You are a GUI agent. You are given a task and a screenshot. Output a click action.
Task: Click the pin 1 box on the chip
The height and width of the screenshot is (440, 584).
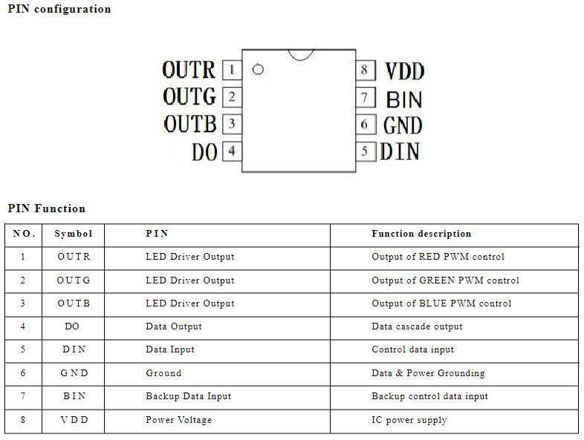click(232, 70)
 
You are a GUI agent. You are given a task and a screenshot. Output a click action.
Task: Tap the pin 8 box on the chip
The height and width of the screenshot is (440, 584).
click(365, 70)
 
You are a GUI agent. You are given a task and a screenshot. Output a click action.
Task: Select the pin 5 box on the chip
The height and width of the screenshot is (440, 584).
click(365, 151)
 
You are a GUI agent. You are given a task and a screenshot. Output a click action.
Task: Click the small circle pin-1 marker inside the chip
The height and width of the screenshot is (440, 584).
click(258, 69)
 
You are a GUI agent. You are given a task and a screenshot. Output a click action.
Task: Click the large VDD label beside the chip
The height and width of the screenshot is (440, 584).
click(404, 71)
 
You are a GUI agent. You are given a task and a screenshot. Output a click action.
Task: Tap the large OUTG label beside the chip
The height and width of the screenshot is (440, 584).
click(189, 96)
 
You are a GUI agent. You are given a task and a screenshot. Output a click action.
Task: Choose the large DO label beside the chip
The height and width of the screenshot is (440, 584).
click(204, 152)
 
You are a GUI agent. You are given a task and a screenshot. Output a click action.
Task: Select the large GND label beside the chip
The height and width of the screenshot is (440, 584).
click(403, 125)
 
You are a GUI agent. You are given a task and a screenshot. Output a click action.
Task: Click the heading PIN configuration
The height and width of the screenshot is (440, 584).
click(59, 9)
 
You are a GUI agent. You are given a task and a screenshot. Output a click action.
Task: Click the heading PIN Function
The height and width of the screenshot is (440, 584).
click(47, 208)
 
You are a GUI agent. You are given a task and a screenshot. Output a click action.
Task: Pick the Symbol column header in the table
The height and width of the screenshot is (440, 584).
click(74, 234)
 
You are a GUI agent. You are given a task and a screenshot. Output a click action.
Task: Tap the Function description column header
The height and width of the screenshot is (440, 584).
click(421, 234)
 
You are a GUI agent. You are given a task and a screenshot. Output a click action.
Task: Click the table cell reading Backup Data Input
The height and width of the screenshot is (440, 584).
click(189, 396)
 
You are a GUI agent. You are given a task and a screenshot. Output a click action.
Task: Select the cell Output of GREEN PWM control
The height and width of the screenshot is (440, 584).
click(445, 280)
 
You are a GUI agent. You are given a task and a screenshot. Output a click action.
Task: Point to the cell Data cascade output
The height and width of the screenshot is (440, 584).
click(417, 326)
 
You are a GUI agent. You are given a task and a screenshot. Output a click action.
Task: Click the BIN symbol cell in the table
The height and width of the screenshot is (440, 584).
click(74, 396)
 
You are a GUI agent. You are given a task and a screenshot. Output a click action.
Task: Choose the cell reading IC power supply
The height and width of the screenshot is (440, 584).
click(409, 420)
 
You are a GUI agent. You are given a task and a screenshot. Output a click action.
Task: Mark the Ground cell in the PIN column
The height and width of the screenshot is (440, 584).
click(163, 373)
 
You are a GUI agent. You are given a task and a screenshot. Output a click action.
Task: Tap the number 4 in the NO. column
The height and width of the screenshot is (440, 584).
click(23, 326)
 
